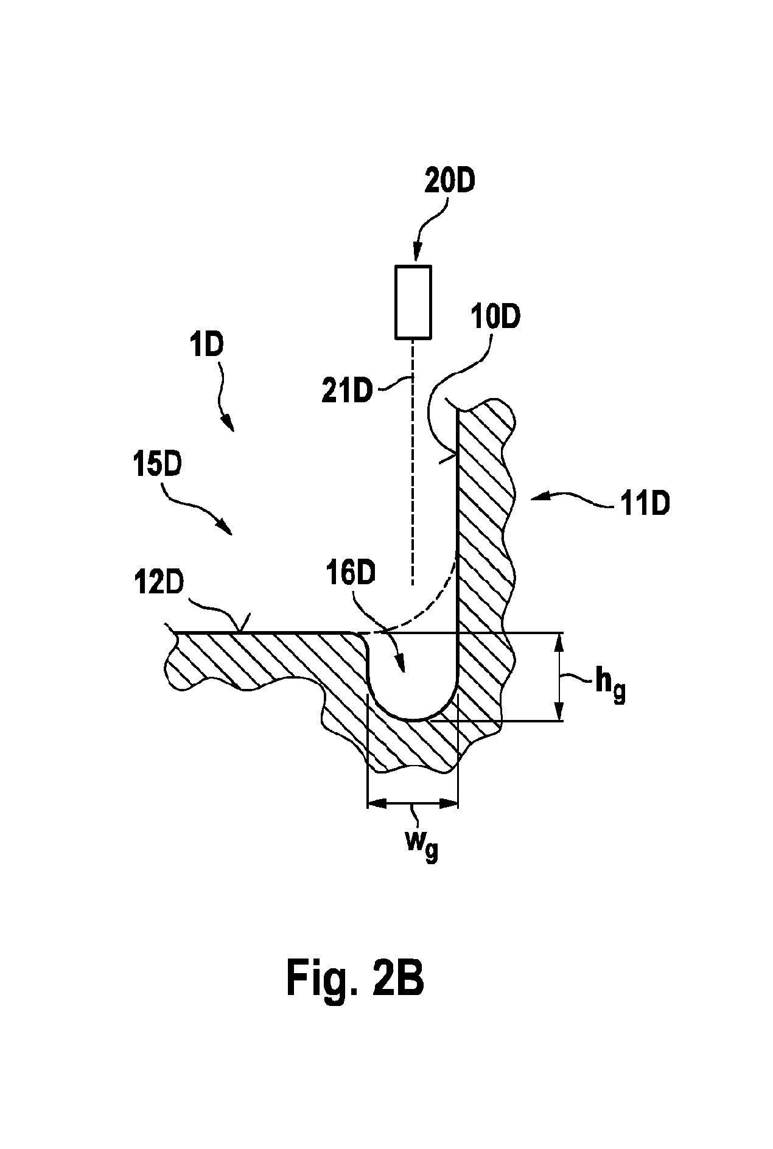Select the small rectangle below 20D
413,301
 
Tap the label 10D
495,317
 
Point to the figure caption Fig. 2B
355,977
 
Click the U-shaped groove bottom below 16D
413,716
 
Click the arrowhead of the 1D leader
230,424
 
